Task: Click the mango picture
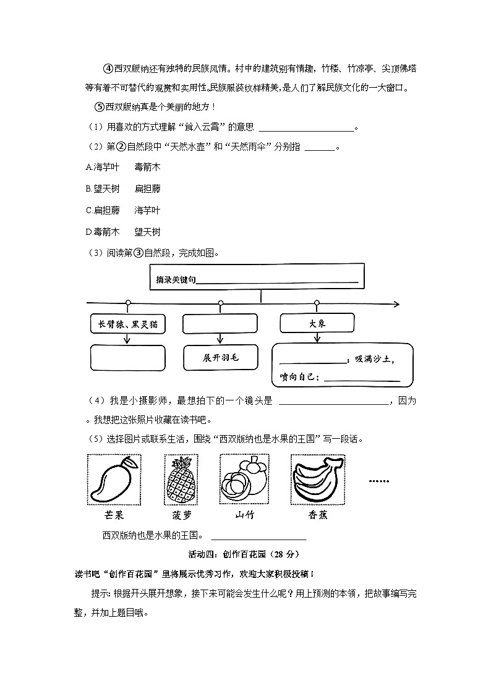pos(114,480)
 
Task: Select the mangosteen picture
pos(244,480)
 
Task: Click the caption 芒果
pos(114,515)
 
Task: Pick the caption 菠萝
pos(182,515)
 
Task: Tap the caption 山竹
pos(244,515)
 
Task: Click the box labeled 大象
pos(317,323)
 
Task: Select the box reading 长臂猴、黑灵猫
pos(127,324)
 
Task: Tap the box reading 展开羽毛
pos(221,358)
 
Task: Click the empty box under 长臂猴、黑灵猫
pos(127,358)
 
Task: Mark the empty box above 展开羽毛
pos(221,324)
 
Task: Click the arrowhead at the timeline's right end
pos(396,304)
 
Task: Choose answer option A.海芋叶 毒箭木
pos(123,167)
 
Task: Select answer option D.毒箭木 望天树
pos(123,232)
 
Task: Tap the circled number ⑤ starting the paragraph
pos(100,106)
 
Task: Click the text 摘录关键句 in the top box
pos(176,280)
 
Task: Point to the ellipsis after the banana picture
pos(378,480)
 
